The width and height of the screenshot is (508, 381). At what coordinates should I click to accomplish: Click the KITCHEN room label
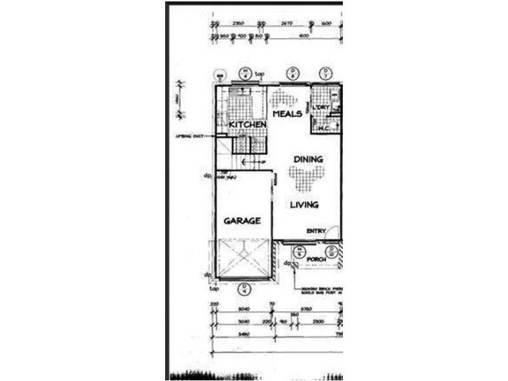click(247, 125)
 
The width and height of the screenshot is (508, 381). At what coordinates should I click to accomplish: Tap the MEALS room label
click(286, 114)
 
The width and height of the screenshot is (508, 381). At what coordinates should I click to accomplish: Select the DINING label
click(308, 159)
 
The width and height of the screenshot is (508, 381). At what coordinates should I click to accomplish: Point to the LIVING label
click(304, 204)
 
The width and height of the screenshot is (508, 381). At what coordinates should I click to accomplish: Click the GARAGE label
click(242, 221)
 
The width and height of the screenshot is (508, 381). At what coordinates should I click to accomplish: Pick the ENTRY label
click(316, 231)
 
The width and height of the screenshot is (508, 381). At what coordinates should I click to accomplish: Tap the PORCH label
click(316, 259)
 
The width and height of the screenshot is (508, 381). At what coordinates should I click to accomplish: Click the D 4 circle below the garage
click(246, 289)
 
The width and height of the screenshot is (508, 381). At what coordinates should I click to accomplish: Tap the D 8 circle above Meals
click(292, 72)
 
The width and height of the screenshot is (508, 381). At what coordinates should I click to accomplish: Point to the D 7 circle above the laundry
click(326, 72)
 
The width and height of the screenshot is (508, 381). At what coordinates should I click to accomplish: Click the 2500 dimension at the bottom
click(317, 321)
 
